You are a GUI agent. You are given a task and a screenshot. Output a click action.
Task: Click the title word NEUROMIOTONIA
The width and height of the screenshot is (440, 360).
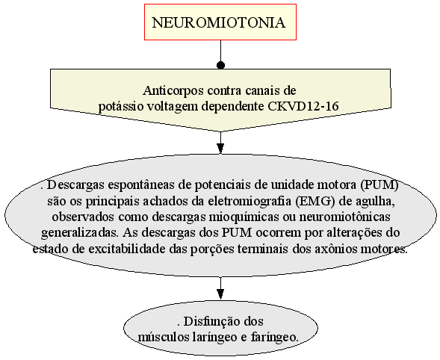coord(219,22)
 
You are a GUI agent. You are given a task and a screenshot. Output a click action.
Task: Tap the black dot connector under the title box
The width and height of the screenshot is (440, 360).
coord(221,66)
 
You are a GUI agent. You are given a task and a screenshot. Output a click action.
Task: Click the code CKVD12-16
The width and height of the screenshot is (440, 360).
coord(303,106)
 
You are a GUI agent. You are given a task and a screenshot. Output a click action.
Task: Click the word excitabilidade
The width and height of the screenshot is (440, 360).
coord(126,249)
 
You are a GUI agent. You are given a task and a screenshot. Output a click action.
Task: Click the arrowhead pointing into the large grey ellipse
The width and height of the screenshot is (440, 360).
coord(221,149)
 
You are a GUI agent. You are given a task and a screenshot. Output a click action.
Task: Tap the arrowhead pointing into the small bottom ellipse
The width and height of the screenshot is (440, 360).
coord(221,294)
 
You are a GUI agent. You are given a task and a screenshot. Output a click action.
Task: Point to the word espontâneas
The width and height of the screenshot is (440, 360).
coord(141,186)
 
